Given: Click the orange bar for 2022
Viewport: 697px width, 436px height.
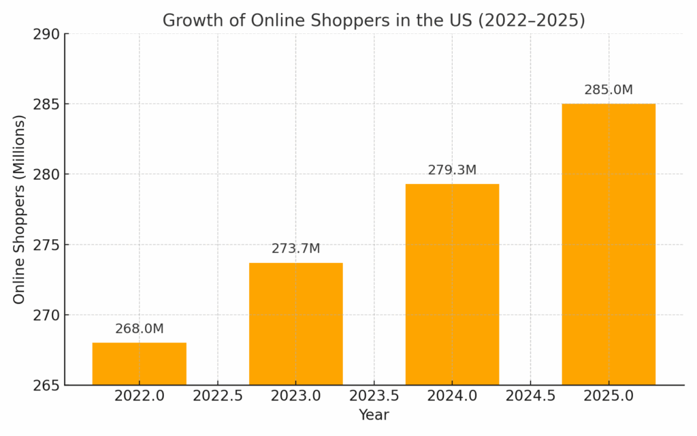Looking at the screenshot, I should tap(140, 364).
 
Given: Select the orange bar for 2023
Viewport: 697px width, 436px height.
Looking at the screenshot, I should tap(296, 324).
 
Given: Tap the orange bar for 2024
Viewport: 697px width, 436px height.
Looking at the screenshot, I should tap(452, 284).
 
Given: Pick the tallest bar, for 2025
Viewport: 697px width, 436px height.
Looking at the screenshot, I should tap(609, 244).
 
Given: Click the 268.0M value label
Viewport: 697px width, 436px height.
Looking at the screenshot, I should tap(140, 329).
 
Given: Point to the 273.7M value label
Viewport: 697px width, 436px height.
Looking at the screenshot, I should tap(296, 249).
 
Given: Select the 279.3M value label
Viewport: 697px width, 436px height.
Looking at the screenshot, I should tap(452, 170).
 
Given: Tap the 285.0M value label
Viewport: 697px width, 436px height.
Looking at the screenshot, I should tap(609, 90).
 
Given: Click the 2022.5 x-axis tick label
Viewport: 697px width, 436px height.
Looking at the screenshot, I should tap(218, 396).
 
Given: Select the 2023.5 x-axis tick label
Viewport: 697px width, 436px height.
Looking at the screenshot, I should tap(374, 396).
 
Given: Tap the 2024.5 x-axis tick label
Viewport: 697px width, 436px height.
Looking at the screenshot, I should tap(530, 396).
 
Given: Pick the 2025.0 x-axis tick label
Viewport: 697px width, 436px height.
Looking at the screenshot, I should tap(609, 396).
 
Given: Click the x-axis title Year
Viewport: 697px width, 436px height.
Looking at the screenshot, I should tap(374, 415).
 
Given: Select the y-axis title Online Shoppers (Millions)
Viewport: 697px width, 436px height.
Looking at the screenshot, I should tap(19, 209).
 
